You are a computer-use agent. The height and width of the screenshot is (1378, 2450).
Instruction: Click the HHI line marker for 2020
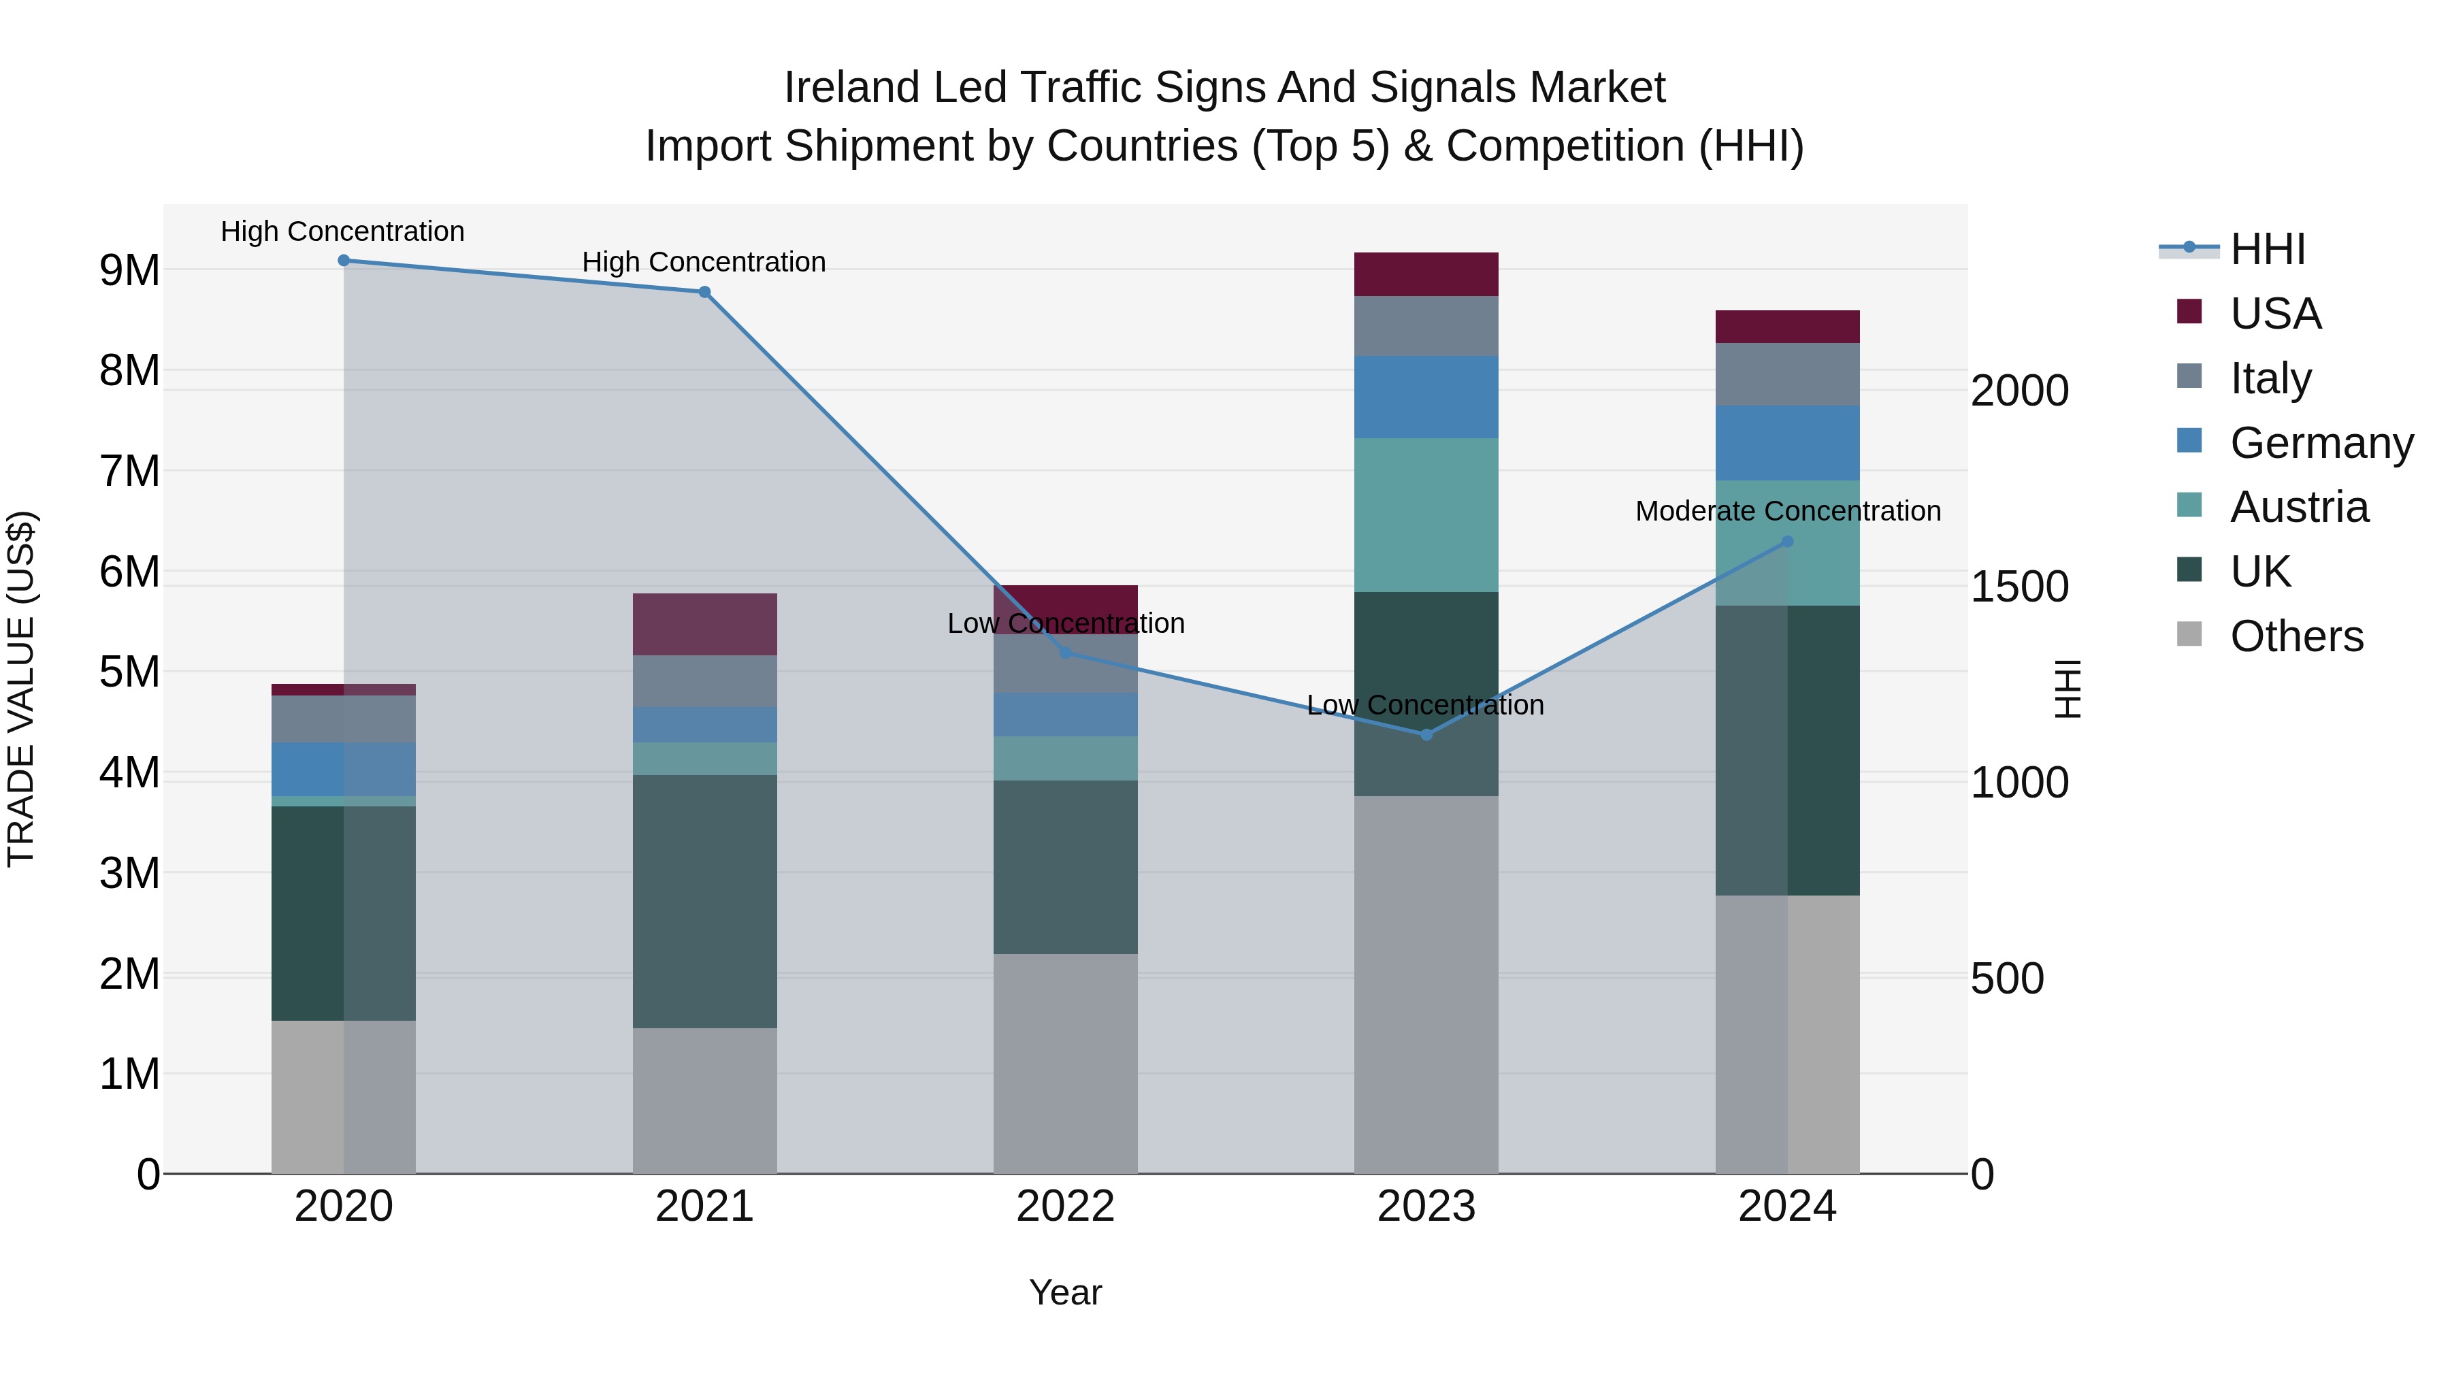click(344, 261)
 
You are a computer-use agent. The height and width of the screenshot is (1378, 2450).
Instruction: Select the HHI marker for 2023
click(1426, 734)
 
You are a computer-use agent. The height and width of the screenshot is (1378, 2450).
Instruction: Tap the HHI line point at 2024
click(1787, 541)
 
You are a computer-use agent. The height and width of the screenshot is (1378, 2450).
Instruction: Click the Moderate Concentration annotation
click(1787, 512)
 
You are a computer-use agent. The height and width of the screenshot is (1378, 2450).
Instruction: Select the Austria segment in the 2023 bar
click(1426, 514)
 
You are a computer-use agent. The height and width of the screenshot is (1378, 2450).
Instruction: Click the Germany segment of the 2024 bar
click(1787, 443)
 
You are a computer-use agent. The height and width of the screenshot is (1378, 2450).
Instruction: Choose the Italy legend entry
click(2270, 378)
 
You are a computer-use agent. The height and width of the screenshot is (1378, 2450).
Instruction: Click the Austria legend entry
click(2299, 507)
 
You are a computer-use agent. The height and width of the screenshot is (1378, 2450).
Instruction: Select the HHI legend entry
click(2268, 249)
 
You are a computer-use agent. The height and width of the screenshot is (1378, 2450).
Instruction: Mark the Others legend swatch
click(2189, 634)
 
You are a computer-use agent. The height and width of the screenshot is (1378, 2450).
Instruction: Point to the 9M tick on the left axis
click(129, 270)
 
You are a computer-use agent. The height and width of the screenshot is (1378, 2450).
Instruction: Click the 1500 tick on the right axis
click(2019, 587)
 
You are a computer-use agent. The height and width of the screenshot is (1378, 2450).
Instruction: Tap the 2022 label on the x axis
click(1065, 1206)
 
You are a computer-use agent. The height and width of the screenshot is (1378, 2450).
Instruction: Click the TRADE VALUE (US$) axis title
click(21, 689)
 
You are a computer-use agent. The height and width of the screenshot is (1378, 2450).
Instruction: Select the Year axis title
click(1065, 1292)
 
